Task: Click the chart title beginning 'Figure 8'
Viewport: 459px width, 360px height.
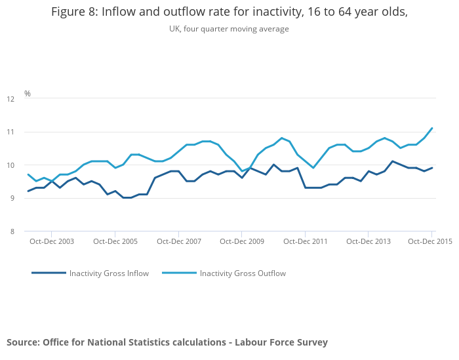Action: tap(229, 11)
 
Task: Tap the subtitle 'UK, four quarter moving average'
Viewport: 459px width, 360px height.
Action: tap(229, 29)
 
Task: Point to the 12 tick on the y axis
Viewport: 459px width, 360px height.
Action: tap(10, 99)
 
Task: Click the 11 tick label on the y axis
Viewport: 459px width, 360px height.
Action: tap(10, 132)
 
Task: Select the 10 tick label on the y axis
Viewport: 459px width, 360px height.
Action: tap(10, 165)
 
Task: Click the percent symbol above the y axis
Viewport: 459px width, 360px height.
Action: tap(28, 94)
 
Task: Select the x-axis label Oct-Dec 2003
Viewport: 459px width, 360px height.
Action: tap(52, 241)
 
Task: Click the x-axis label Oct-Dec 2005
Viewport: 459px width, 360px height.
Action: tap(115, 241)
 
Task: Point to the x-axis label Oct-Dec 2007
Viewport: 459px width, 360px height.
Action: tap(179, 241)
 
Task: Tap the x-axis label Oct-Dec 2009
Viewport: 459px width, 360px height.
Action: tap(242, 241)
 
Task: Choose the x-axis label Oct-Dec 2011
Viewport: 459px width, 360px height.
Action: tap(306, 241)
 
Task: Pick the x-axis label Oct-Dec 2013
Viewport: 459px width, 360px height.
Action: tap(369, 241)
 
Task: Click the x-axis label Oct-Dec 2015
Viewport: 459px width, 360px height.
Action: tap(430, 241)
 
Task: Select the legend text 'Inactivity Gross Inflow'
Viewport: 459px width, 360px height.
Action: tap(109, 273)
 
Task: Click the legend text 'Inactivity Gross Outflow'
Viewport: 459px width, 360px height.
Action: tap(243, 273)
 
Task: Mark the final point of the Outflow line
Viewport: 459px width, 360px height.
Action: tap(432, 129)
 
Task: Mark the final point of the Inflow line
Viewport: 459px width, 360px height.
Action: tap(432, 168)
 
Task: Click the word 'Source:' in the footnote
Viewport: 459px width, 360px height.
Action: tap(23, 342)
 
